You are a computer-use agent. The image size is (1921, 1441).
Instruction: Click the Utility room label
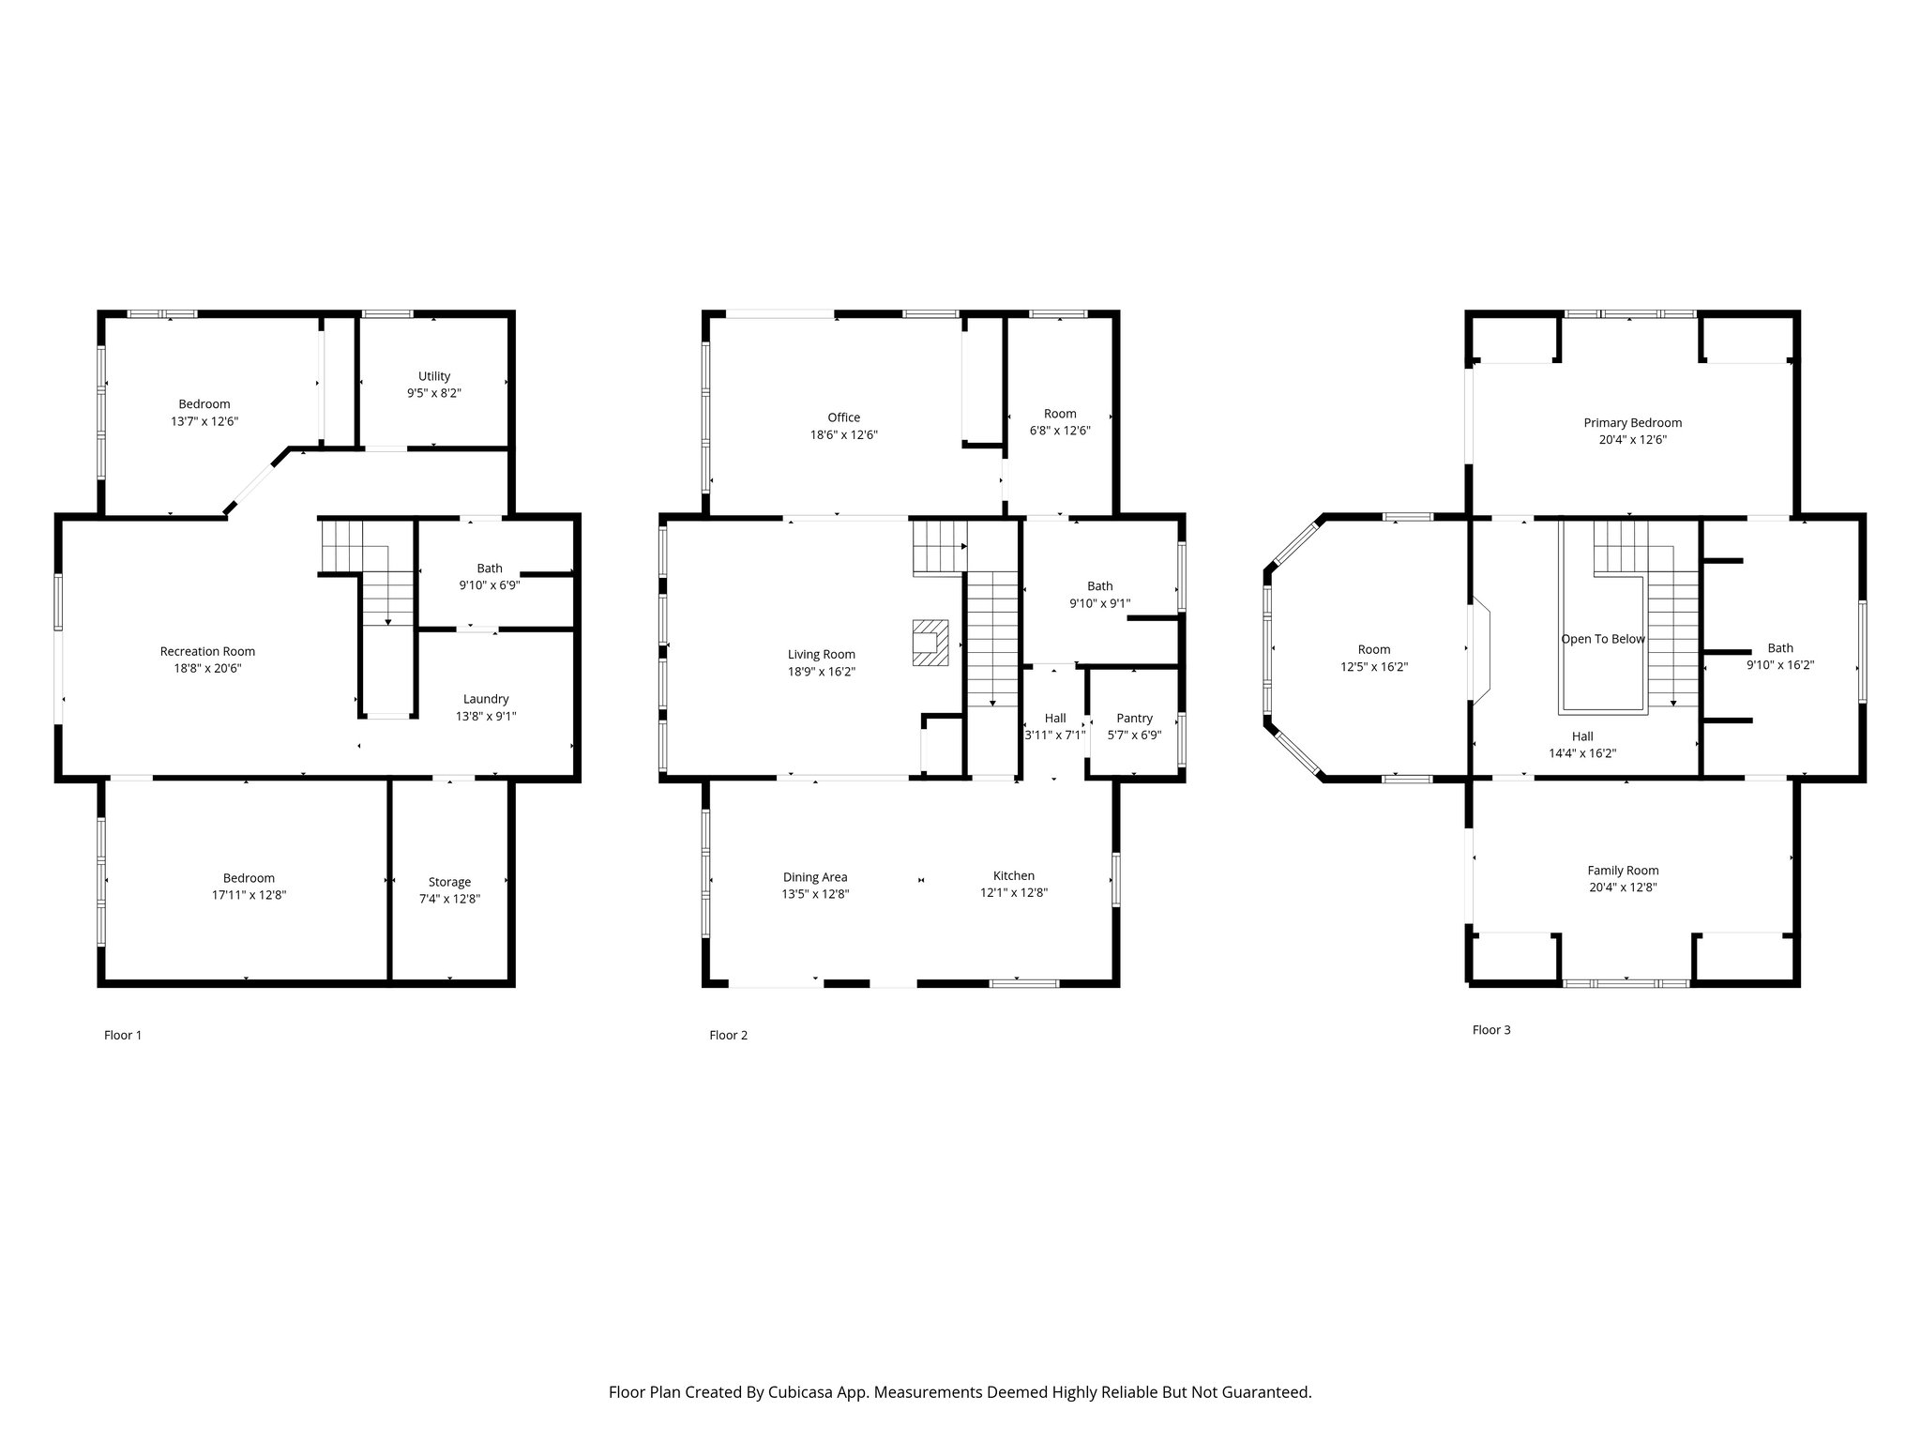(434, 376)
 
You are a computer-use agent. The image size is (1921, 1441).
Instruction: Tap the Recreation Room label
(207, 651)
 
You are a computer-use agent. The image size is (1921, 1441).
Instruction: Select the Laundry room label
(486, 699)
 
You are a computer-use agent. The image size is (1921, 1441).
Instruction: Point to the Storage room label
(449, 882)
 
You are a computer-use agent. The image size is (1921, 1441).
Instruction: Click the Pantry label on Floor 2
(1134, 719)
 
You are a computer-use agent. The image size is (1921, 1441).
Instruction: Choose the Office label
(843, 417)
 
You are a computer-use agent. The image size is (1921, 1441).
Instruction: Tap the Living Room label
(821, 655)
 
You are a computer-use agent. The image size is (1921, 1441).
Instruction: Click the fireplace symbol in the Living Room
(930, 643)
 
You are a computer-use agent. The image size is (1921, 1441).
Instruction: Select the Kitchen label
(1014, 876)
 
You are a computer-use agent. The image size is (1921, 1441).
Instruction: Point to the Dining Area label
(815, 877)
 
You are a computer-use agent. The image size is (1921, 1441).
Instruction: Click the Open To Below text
(1603, 639)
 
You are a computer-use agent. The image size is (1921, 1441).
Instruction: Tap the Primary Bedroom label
(1633, 423)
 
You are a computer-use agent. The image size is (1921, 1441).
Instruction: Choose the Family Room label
(1623, 871)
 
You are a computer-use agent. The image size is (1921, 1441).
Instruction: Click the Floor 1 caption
(123, 1036)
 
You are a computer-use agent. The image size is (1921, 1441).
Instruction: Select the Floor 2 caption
(729, 1036)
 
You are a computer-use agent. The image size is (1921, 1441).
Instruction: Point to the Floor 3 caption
(1491, 1030)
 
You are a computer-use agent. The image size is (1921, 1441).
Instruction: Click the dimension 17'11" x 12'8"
(249, 895)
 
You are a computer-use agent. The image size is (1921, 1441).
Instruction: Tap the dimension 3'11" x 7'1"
(1055, 736)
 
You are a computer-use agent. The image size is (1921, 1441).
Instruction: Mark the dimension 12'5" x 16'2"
(1374, 667)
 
